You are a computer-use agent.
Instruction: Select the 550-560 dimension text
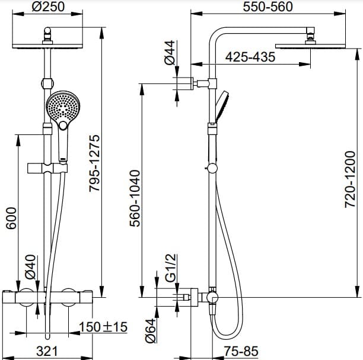[269, 7]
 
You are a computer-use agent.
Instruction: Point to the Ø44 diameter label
[170, 52]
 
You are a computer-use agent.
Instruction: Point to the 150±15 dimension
[104, 327]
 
